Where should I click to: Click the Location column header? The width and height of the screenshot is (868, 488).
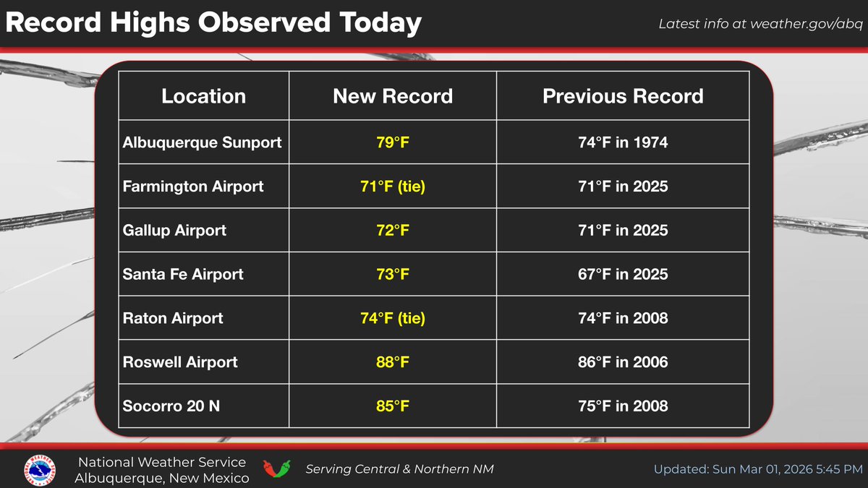tap(203, 96)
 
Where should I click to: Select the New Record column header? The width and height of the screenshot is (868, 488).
tap(393, 96)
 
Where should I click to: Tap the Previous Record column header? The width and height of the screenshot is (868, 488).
tap(623, 96)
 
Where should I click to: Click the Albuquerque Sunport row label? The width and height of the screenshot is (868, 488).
tap(202, 142)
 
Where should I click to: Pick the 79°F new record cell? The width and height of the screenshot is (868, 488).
tap(393, 142)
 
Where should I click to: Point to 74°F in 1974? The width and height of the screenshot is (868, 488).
tap(623, 142)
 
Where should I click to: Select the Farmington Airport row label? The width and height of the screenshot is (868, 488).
tap(193, 187)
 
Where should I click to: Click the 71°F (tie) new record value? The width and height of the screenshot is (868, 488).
tap(393, 187)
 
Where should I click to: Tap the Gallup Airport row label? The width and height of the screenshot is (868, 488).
tap(174, 231)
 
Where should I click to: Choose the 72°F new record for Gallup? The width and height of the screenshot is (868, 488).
tap(393, 231)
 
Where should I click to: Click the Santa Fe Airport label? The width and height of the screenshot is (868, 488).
tap(183, 275)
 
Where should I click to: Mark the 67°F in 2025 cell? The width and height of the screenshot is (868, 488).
tap(623, 275)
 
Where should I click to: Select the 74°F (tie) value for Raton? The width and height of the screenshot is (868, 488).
tap(393, 318)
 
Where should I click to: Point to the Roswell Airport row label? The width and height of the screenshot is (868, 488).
tap(180, 362)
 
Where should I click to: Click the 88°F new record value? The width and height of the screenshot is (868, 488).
tap(393, 362)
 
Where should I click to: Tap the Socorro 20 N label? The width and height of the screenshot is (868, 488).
tap(171, 406)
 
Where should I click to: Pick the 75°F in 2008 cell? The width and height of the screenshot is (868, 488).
tap(623, 406)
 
